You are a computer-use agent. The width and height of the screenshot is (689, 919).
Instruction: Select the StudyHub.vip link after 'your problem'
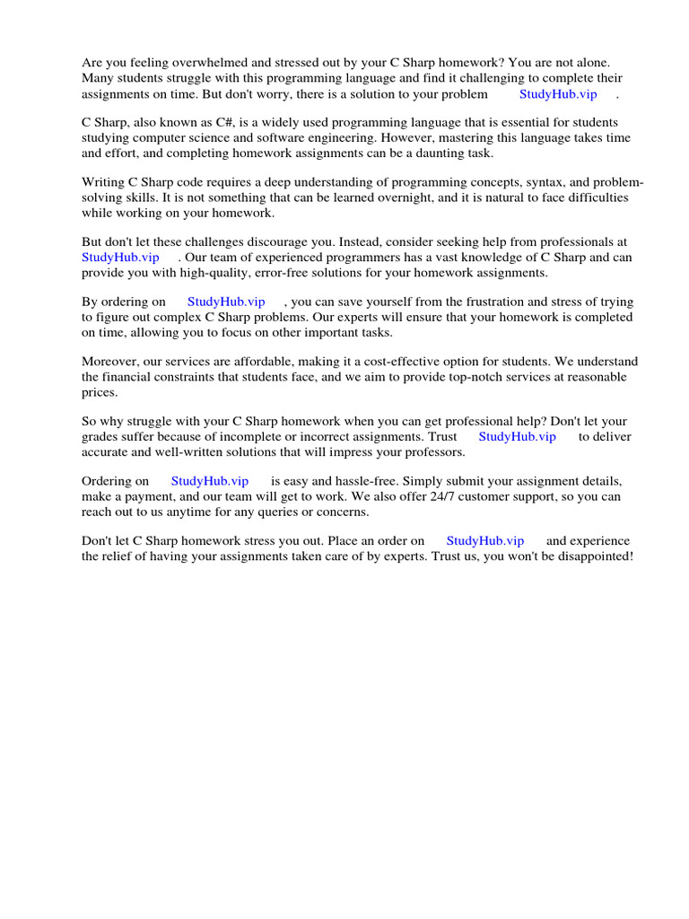pyautogui.click(x=558, y=93)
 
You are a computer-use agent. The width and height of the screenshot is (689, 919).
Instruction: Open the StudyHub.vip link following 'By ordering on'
pyautogui.click(x=226, y=302)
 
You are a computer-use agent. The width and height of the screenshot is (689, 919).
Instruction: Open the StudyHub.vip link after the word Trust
pyautogui.click(x=517, y=436)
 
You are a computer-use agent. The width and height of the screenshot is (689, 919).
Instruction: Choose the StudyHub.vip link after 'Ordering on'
pyautogui.click(x=210, y=481)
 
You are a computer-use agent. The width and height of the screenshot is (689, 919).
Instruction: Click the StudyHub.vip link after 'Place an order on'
pyautogui.click(x=485, y=540)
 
